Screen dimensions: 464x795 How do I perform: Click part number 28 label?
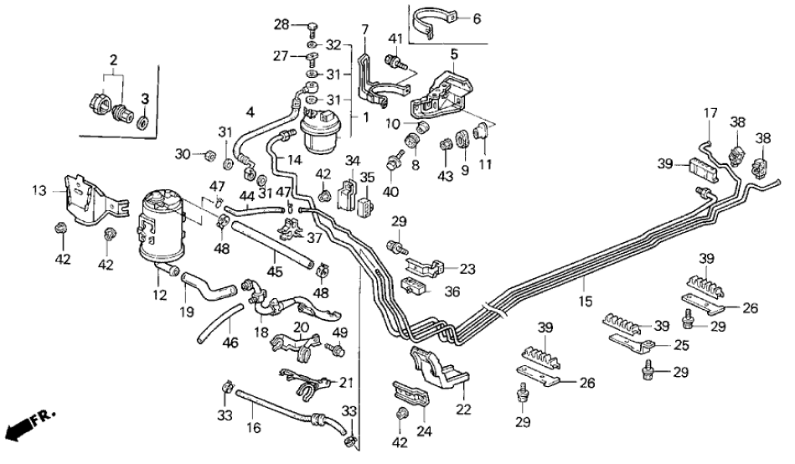283,24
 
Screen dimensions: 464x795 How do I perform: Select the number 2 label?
113,59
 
